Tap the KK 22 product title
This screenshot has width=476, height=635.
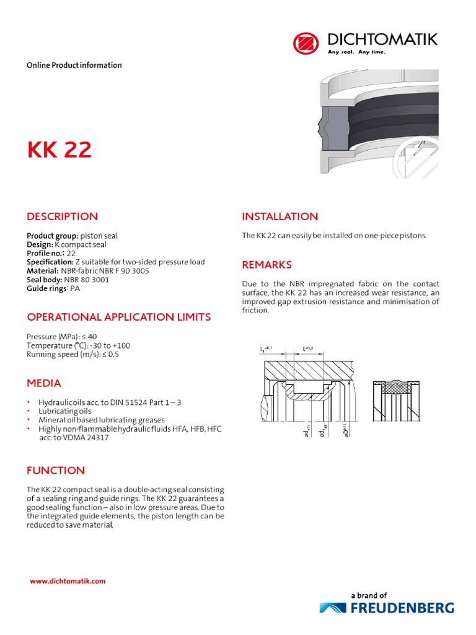59,150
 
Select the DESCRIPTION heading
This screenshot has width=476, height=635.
62,216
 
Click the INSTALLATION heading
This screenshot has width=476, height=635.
280,216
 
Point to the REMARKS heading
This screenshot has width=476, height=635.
267,265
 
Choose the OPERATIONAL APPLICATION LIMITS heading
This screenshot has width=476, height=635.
118,317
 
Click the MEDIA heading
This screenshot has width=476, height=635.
44,383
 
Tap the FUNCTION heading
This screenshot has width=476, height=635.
56,470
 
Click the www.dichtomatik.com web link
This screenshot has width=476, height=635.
68,581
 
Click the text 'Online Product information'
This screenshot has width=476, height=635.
74,65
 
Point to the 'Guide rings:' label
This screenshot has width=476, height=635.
48,288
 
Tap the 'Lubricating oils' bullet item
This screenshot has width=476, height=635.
65,411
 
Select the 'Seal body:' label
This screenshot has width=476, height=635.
43,280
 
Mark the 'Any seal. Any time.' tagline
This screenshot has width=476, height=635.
356,52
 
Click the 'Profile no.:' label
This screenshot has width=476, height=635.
46,254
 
